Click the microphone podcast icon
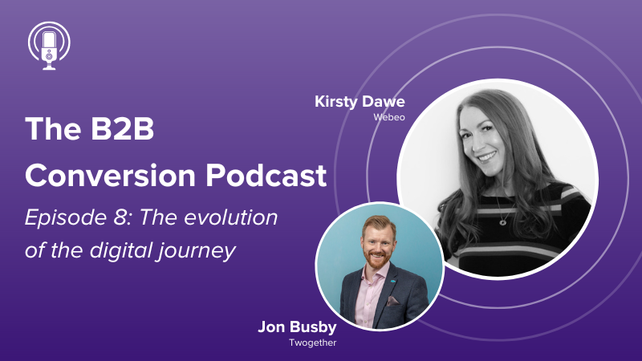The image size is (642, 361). [49, 46]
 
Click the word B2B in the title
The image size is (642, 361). [122, 129]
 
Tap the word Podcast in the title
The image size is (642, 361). [266, 176]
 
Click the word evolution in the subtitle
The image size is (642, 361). [231, 217]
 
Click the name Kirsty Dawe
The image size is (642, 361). [360, 102]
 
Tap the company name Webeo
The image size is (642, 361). [389, 117]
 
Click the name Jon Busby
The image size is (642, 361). [297, 327]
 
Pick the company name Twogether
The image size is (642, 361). [313, 343]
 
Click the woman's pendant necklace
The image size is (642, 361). [503, 222]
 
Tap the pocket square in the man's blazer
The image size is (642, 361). [393, 302]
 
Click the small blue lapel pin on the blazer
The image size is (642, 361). [393, 282]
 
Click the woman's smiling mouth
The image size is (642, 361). [488, 156]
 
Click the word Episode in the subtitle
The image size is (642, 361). [67, 218]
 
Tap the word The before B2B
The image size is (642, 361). [53, 129]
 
